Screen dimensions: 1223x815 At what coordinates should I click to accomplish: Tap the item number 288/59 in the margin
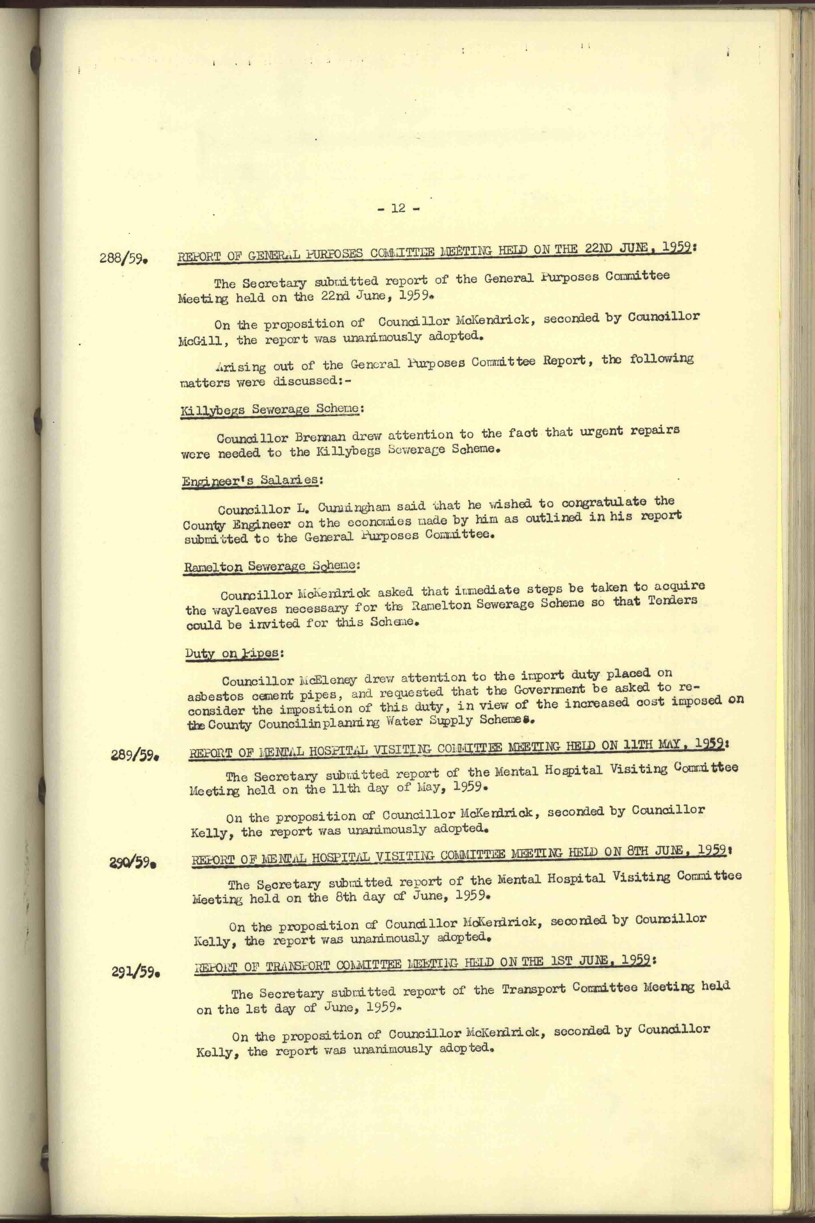point(124,258)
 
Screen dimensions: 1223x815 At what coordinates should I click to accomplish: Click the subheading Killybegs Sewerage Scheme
point(270,409)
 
